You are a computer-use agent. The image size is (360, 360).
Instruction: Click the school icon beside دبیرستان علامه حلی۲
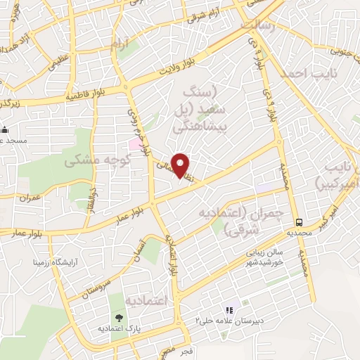coord(228,310)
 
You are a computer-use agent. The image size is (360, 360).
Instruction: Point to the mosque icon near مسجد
coord(5,129)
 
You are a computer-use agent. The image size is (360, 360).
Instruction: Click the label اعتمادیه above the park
coord(148,300)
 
